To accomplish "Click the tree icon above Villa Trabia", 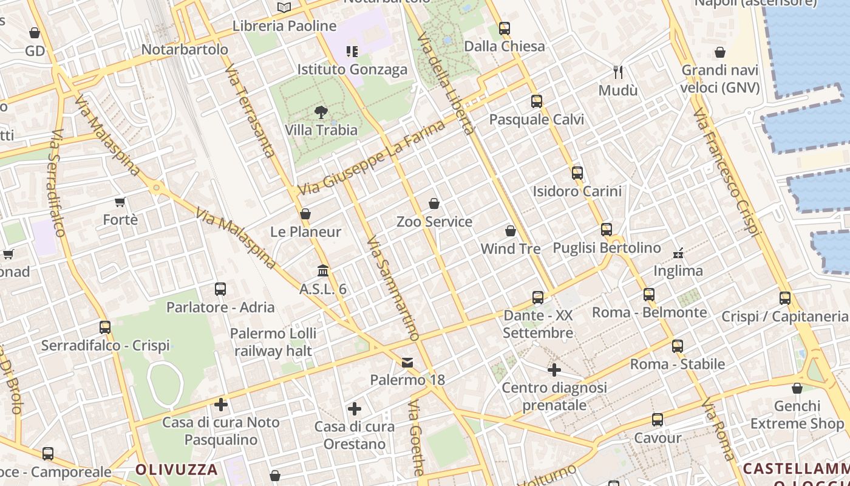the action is [x=321, y=112].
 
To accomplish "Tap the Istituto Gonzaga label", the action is [x=352, y=70].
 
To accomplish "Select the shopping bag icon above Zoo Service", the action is [x=434, y=204].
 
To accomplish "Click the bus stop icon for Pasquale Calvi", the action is [x=536, y=101].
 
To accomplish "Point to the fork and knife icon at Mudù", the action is [x=618, y=72].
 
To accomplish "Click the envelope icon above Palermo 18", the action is [x=407, y=363].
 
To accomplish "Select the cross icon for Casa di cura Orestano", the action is [x=355, y=409].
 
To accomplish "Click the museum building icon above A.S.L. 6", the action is [x=323, y=270].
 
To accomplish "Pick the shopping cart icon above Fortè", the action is [x=120, y=202].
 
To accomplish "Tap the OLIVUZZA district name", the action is [x=176, y=470].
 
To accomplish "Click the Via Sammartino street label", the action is [x=393, y=288].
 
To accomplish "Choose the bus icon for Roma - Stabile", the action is [x=678, y=346].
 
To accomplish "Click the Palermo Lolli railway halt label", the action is [x=273, y=342].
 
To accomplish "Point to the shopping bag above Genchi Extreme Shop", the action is [x=797, y=388].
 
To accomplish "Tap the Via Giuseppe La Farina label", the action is [x=371, y=159].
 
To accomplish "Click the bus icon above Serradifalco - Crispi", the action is [x=105, y=327].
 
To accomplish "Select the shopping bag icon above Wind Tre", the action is [x=511, y=231].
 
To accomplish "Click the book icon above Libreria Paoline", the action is [x=284, y=8].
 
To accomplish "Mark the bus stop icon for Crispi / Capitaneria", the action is [x=785, y=298].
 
